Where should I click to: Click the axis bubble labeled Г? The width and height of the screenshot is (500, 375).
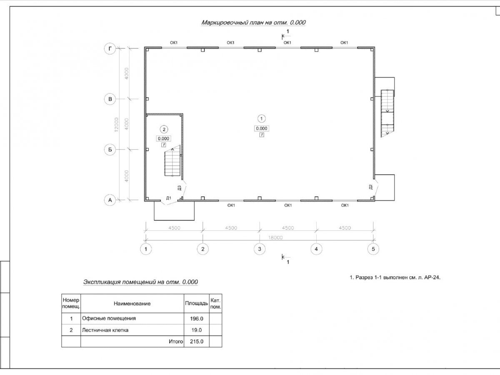click(x=110, y=49)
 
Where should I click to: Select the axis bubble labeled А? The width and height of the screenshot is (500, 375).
click(x=110, y=200)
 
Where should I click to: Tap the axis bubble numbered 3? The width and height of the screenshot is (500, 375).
click(x=259, y=249)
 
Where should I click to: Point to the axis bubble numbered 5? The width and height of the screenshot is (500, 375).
click(x=373, y=249)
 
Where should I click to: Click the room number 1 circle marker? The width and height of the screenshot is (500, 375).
click(x=262, y=118)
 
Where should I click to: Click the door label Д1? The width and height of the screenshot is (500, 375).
click(x=169, y=198)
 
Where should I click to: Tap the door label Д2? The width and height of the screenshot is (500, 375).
click(x=370, y=187)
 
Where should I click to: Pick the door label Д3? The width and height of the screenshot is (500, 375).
click(x=179, y=188)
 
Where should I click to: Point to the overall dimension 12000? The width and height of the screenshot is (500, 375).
click(x=116, y=125)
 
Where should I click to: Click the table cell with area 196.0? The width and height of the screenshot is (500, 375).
click(x=196, y=319)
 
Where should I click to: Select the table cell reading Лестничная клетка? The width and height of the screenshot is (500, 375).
click(x=105, y=330)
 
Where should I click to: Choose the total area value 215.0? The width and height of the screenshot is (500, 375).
click(x=196, y=342)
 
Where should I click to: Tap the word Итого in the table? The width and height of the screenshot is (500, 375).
click(x=176, y=342)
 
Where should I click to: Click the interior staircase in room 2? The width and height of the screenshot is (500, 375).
click(x=172, y=164)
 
